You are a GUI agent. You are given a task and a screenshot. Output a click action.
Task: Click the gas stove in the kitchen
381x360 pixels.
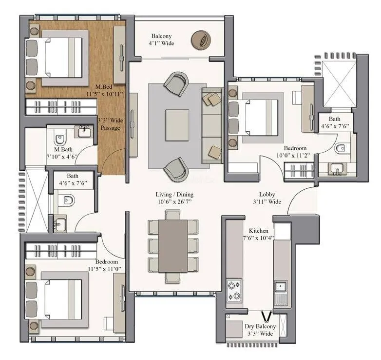pos(233,289)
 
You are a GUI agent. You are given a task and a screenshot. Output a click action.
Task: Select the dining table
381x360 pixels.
pos(173,246)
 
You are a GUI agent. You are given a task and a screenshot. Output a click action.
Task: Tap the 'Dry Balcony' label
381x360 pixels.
pos(260,330)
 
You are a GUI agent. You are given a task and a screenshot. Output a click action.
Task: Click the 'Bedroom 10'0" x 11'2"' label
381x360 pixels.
pos(296,152)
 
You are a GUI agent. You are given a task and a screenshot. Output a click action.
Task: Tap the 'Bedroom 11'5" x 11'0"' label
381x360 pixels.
pos(104,265)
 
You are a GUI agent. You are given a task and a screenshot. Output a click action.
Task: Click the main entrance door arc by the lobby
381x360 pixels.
pos(299,200)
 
